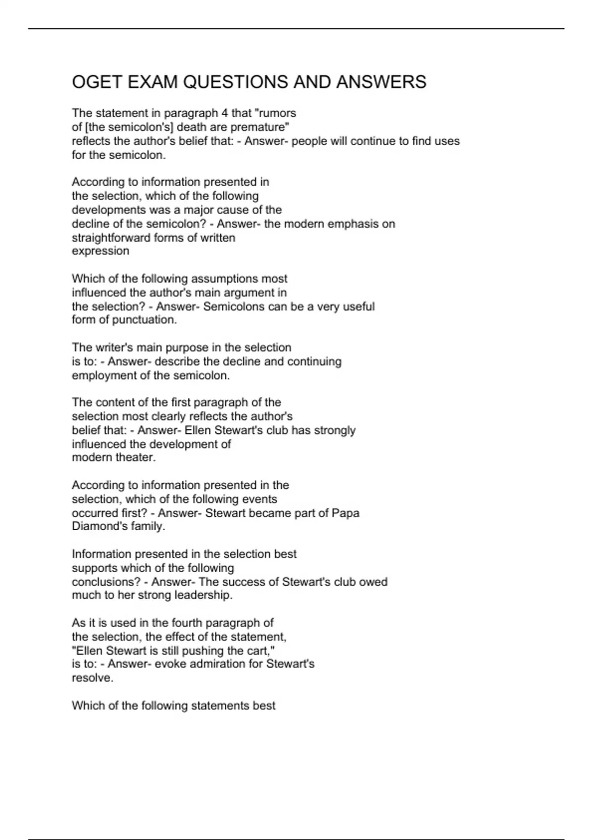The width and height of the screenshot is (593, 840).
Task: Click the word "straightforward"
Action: point(111,238)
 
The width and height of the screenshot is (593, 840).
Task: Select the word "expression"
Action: point(100,251)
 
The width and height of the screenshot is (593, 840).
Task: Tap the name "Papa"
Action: point(345,513)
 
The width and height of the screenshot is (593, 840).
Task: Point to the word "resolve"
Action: point(92,678)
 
